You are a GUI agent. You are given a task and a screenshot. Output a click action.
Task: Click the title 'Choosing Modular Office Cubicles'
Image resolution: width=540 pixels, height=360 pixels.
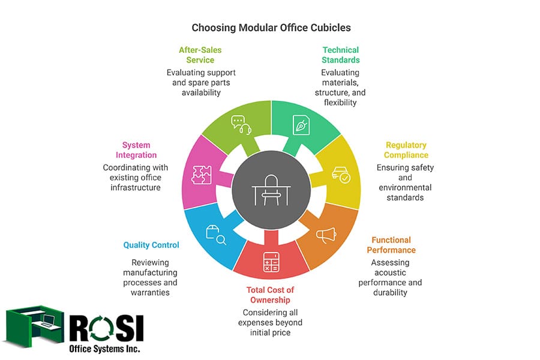pyautogui.click(x=271, y=28)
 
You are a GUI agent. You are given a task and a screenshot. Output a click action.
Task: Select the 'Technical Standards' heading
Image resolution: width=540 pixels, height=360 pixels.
pyautogui.click(x=340, y=55)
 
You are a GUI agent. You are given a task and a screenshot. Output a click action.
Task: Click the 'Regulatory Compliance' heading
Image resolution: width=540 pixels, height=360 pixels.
pyautogui.click(x=406, y=150)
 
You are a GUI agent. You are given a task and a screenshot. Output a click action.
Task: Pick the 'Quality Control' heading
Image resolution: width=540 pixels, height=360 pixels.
pyautogui.click(x=151, y=245)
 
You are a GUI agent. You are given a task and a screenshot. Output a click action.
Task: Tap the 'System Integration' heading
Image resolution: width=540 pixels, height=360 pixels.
pyautogui.click(x=136, y=150)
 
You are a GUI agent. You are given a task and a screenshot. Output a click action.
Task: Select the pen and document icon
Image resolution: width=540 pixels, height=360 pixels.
pyautogui.click(x=301, y=124)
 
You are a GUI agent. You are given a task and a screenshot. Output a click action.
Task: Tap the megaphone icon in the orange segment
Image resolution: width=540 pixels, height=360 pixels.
pyautogui.click(x=326, y=235)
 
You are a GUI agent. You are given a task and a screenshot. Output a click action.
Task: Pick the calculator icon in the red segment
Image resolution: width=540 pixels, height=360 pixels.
pyautogui.click(x=271, y=262)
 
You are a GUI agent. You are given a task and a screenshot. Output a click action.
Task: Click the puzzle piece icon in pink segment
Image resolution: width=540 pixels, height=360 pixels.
pyautogui.click(x=201, y=173)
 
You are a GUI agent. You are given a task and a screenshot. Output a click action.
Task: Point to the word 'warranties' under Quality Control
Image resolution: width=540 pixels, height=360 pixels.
pyautogui.click(x=151, y=292)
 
